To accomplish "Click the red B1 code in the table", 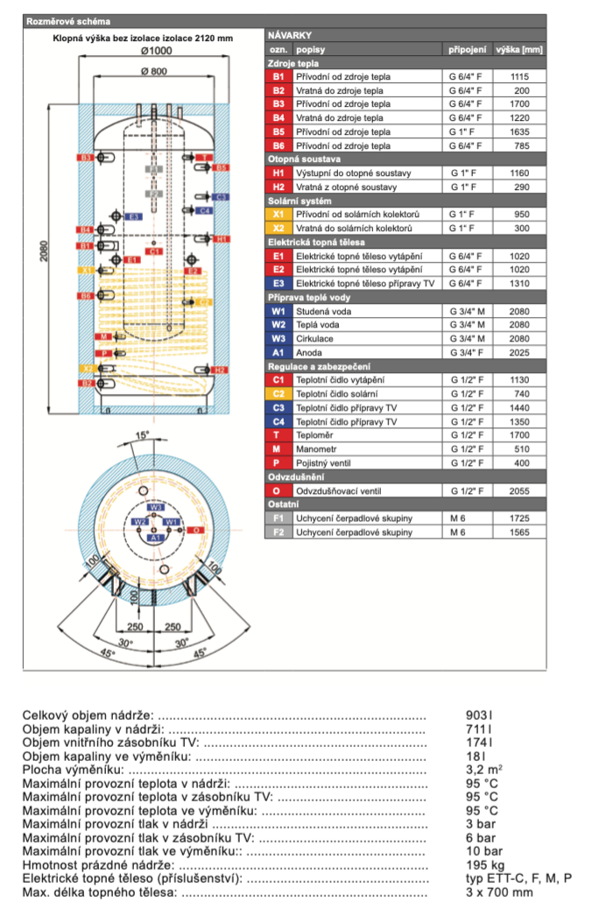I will click(279, 77).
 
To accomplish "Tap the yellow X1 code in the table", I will click(279, 215).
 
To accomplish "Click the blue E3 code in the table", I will click(279, 284).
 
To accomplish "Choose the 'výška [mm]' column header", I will click(519, 50).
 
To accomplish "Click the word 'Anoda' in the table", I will click(308, 352).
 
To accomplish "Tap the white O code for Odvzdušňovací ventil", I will click(279, 490).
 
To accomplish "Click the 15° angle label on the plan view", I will click(142, 435).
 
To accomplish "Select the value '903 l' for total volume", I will click(479, 715).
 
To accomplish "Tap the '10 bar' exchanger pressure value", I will click(484, 851).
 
